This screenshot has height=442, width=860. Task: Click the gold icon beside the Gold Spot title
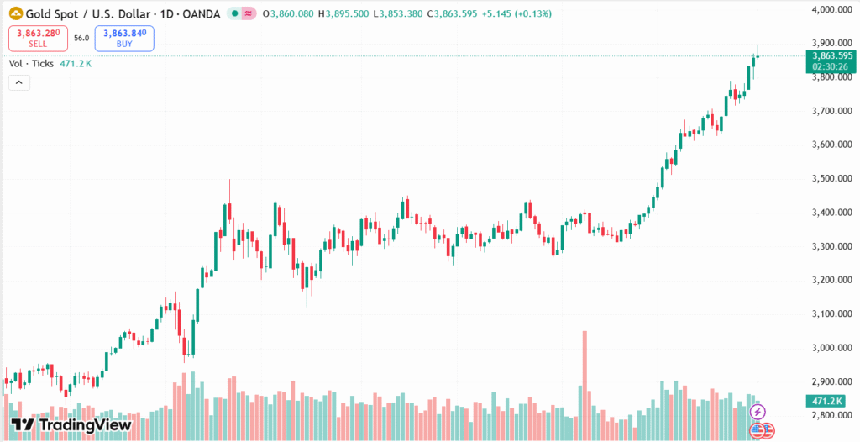click(15, 13)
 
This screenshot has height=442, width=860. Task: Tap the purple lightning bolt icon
click(758, 412)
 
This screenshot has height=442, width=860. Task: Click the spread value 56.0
click(81, 39)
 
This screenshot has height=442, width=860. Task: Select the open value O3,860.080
click(288, 13)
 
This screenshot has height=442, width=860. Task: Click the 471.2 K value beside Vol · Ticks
click(76, 63)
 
